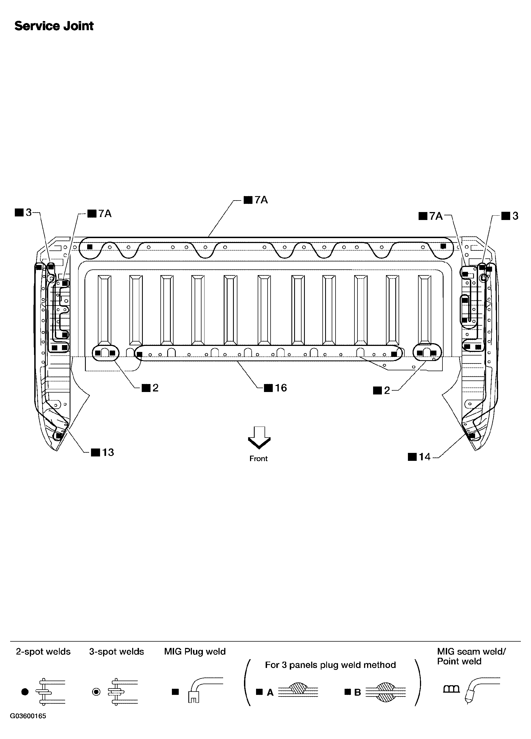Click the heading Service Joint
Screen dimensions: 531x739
54,26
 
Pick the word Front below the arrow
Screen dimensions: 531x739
259,458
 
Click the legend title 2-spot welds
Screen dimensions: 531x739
43,652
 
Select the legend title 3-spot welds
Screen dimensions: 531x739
117,652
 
